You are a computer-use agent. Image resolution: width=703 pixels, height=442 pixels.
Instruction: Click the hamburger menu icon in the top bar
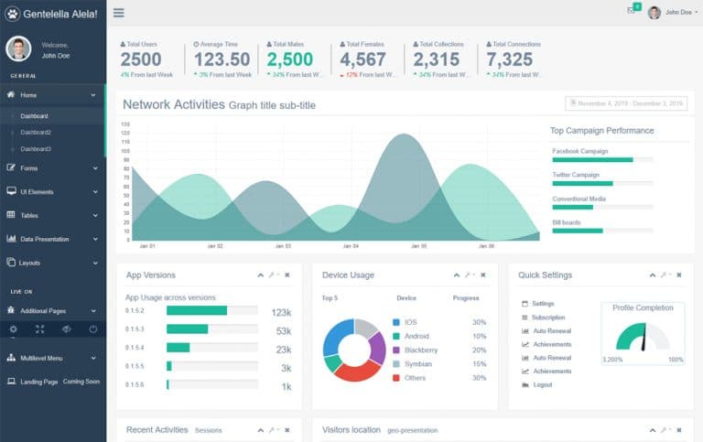pos(119,13)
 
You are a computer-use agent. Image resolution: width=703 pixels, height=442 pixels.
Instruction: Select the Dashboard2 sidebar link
pos(36,133)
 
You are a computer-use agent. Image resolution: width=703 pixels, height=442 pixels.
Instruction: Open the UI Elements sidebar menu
pos(37,192)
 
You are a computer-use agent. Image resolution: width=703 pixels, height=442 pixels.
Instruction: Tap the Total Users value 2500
pos(141,59)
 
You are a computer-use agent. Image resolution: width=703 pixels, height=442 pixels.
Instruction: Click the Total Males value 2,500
pos(289,59)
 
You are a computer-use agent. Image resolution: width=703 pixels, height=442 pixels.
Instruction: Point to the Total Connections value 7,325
pos(510,59)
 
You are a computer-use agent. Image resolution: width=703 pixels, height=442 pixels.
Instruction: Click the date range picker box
pos(625,104)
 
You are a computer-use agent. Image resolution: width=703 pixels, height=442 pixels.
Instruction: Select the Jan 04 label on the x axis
pos(351,246)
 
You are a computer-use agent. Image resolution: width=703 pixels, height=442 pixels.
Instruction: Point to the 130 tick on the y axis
pos(125,125)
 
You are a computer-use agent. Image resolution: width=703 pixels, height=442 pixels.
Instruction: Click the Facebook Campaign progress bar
pos(601,160)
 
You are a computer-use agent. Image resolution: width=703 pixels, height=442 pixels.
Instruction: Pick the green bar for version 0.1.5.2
pos(187,329)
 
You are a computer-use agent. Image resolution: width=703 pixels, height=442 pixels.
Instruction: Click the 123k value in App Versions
pos(281,312)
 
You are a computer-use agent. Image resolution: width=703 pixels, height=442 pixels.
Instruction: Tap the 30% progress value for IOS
pos(479,322)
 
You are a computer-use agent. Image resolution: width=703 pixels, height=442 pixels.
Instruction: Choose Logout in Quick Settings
pos(542,385)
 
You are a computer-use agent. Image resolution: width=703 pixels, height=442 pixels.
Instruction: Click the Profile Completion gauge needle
pos(645,338)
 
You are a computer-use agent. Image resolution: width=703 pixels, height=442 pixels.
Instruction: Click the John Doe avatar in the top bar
pos(654,13)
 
